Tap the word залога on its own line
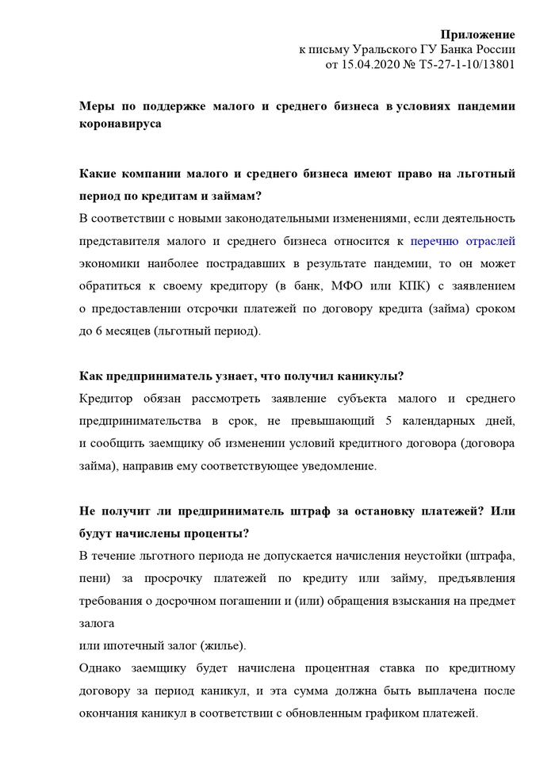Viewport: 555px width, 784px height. (98, 622)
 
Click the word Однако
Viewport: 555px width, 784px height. (105, 667)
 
